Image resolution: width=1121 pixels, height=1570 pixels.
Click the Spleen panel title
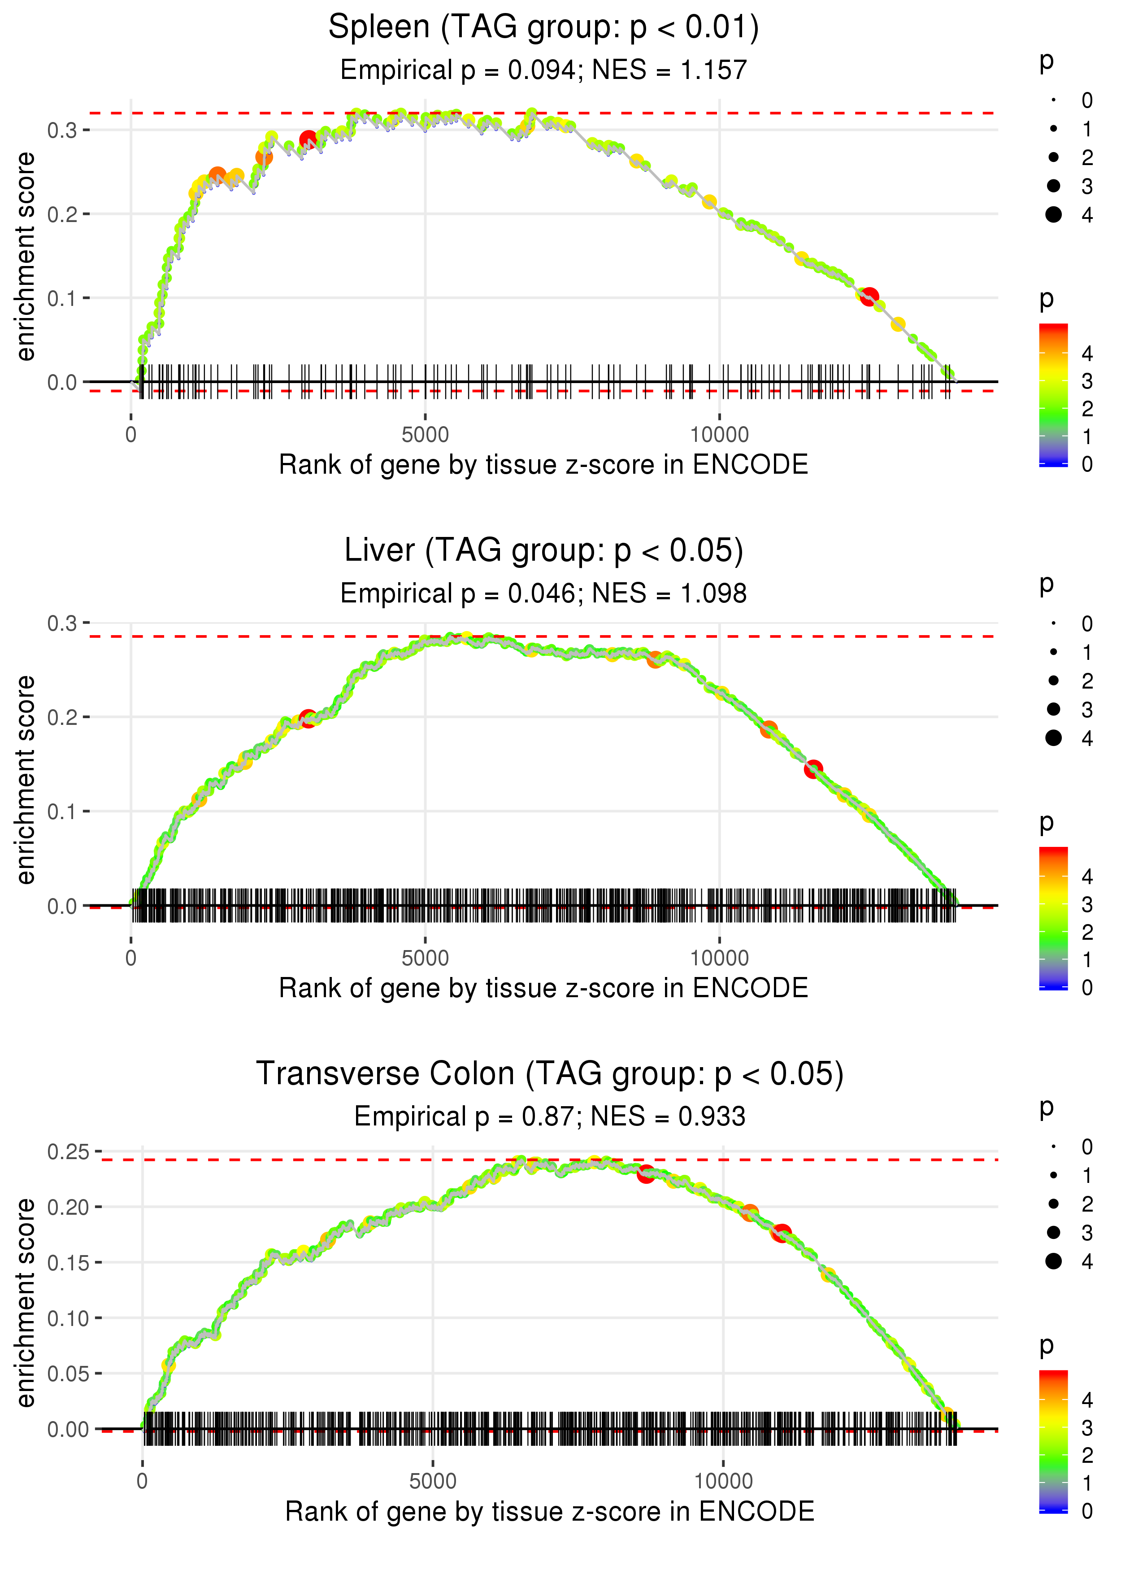pyautogui.click(x=543, y=28)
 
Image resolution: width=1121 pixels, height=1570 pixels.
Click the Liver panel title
pyautogui.click(x=543, y=551)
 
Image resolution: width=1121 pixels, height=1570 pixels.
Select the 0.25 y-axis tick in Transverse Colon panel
pyautogui.click(x=68, y=1151)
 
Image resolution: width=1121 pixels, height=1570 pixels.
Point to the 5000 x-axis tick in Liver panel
pyautogui.click(x=425, y=958)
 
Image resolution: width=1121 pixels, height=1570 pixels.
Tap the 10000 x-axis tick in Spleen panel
pyautogui.click(x=719, y=435)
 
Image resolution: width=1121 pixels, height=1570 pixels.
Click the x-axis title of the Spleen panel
pyautogui.click(x=543, y=465)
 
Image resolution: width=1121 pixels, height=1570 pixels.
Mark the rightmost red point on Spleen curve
pyautogui.click(x=869, y=297)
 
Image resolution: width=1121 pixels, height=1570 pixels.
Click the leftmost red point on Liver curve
pyautogui.click(x=308, y=718)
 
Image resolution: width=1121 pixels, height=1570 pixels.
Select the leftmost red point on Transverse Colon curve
pyautogui.click(x=645, y=1174)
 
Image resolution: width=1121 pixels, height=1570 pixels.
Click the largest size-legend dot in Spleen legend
pyautogui.click(x=1053, y=215)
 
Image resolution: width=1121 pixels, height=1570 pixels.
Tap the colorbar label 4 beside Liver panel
pyautogui.click(x=1087, y=877)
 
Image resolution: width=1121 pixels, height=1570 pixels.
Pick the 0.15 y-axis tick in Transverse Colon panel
pyautogui.click(x=68, y=1263)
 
